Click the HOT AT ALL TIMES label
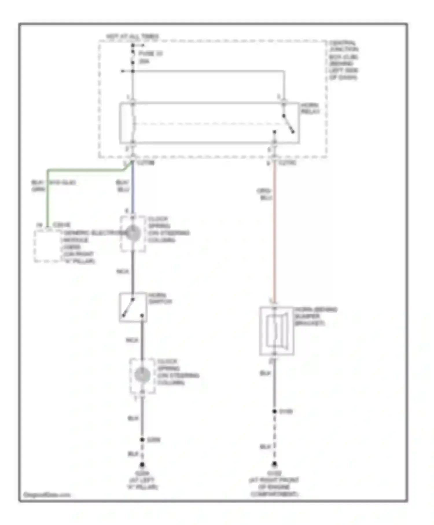(132, 36)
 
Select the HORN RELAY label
(310, 108)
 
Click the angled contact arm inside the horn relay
(288, 124)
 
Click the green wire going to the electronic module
(48, 197)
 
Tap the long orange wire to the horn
(275, 232)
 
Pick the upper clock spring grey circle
(133, 233)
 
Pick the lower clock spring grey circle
(142, 375)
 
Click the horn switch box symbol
(133, 307)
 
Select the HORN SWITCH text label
(160, 298)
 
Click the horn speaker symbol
(277, 331)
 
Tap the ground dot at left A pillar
(142, 465)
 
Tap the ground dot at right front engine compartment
(274, 464)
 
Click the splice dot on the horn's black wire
(274, 411)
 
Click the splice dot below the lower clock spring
(142, 440)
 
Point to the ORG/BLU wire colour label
(264, 194)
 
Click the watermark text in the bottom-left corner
(47, 495)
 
